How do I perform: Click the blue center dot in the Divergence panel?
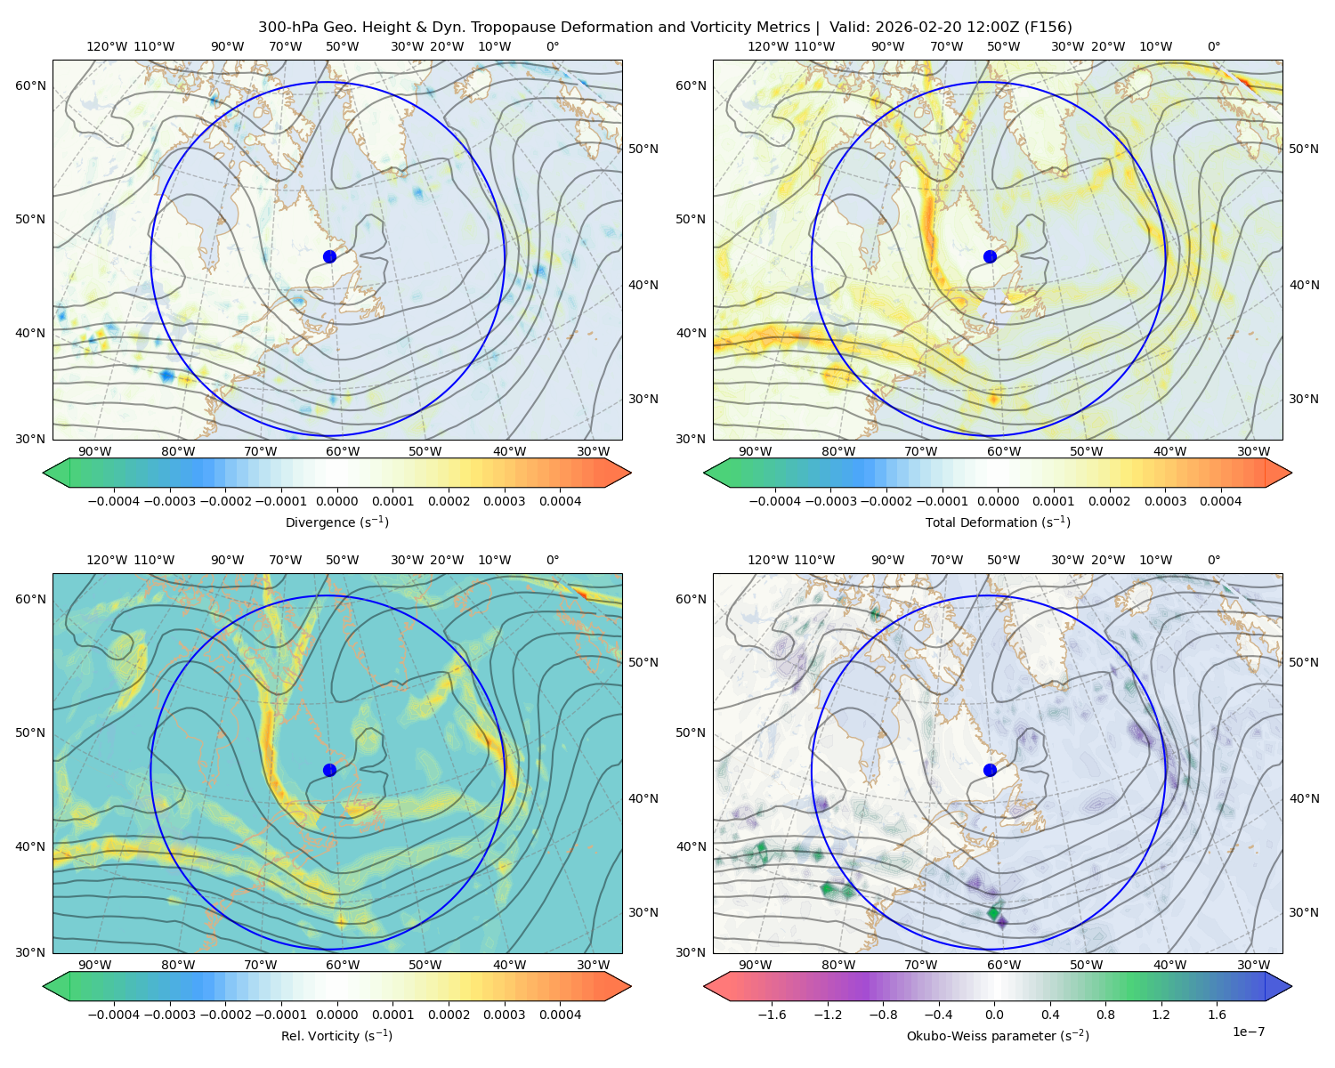(x=329, y=256)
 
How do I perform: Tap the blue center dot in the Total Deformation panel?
(x=990, y=256)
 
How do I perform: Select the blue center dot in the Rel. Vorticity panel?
(x=329, y=770)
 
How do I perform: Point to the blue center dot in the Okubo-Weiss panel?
(x=990, y=770)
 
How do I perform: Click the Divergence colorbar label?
(x=336, y=522)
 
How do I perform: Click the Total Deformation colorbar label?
(x=998, y=522)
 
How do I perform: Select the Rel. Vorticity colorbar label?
(x=336, y=1035)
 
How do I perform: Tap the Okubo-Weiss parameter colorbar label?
(x=998, y=1035)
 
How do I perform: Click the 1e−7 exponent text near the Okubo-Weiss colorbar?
(x=1248, y=1032)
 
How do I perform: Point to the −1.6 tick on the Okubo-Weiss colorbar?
(x=772, y=1014)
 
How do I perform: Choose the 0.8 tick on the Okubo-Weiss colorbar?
(x=1105, y=1014)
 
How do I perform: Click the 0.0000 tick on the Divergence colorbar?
(x=336, y=501)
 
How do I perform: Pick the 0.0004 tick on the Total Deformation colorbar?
(x=1220, y=501)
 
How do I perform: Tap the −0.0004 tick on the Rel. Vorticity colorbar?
(x=114, y=1014)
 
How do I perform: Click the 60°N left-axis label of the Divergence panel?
(x=30, y=85)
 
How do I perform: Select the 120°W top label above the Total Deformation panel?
(x=768, y=46)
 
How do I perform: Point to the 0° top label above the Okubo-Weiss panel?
(x=1213, y=559)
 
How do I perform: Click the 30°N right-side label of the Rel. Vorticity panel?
(x=643, y=911)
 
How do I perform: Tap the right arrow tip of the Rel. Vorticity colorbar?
(x=631, y=986)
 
